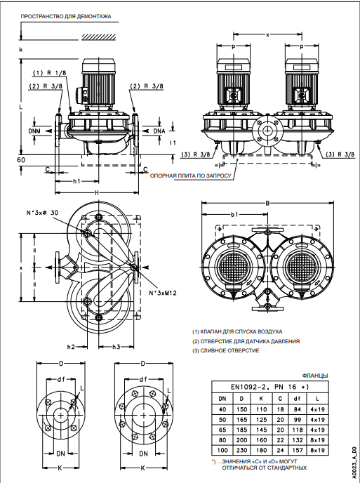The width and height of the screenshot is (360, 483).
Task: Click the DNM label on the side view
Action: tap(34, 131)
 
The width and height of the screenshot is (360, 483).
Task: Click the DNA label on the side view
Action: tap(159, 131)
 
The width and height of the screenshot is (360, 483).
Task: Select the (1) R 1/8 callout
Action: tap(49, 73)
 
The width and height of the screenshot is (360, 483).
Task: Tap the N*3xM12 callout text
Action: tap(163, 293)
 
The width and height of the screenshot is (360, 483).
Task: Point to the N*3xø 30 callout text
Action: tap(42, 213)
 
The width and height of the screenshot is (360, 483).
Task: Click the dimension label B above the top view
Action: tap(267, 203)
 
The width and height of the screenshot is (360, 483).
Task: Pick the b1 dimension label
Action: tap(234, 214)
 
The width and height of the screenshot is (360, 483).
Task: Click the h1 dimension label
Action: tap(76, 181)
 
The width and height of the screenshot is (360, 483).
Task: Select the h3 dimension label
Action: tap(116, 347)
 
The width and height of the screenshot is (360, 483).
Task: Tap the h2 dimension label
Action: tap(71, 347)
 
